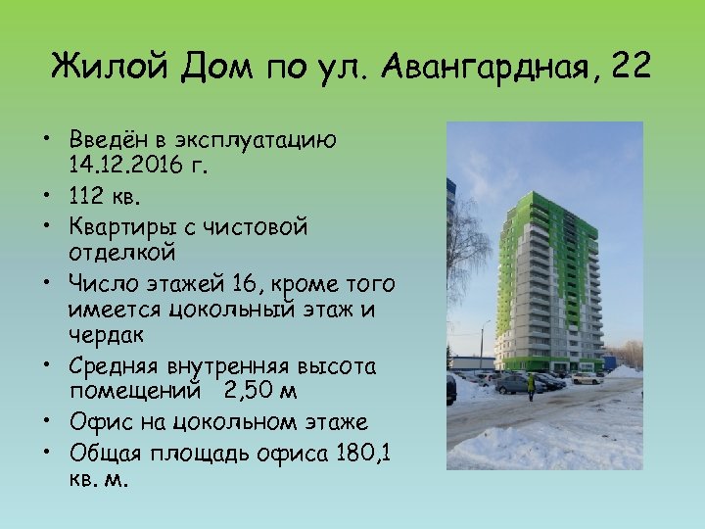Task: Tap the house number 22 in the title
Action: point(630,68)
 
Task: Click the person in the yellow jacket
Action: point(532,384)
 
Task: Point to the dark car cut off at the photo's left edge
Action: point(450,389)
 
